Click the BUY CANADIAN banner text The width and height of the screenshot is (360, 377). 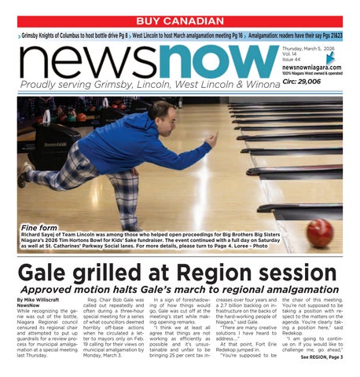click(179, 20)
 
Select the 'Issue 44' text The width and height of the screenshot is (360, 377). click(292, 60)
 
